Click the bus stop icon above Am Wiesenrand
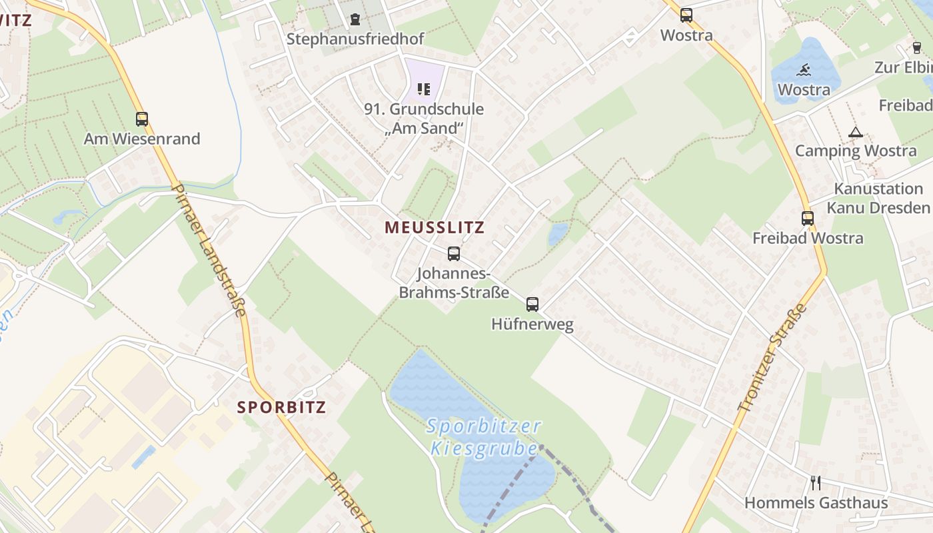(x=142, y=119)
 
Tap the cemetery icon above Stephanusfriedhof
(x=355, y=19)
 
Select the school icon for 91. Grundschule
(x=424, y=89)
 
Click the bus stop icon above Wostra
(x=686, y=15)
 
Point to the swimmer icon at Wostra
(x=804, y=70)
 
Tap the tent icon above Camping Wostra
(x=856, y=132)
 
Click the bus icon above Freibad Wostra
(x=808, y=218)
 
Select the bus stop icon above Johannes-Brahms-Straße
(x=454, y=253)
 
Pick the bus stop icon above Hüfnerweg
(x=532, y=304)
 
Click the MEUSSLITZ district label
(x=435, y=227)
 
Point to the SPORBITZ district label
(x=282, y=407)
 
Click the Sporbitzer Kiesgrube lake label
(x=484, y=436)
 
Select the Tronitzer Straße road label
(x=772, y=358)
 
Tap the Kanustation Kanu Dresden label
(x=878, y=198)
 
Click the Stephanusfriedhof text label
(x=355, y=39)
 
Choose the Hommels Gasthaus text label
(x=816, y=503)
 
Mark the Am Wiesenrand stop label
(x=142, y=139)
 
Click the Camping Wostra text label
(x=856, y=151)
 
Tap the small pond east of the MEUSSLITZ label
(x=558, y=233)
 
